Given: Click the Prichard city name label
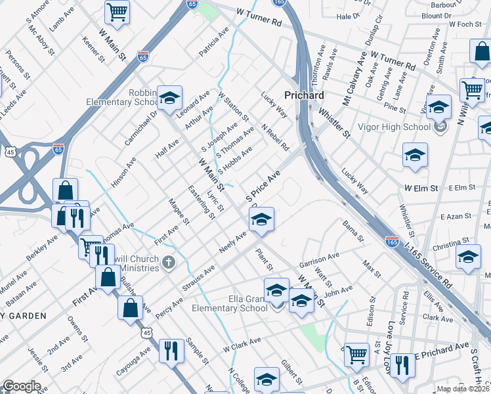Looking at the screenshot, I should click(304, 95).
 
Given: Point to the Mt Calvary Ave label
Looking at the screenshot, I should click(354, 78).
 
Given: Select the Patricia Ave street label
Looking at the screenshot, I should click(214, 42).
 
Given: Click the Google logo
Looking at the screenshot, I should click(22, 386).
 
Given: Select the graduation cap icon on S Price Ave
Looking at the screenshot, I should click(261, 219).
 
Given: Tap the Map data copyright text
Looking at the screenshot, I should click(463, 389).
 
